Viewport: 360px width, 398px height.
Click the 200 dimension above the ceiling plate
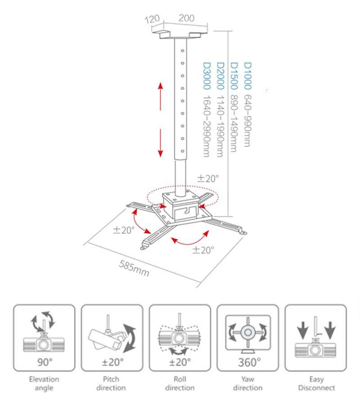(186, 18)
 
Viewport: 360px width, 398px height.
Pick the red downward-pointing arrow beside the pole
(161, 142)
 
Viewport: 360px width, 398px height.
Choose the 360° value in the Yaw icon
(247, 362)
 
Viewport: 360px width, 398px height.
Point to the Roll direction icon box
(180, 337)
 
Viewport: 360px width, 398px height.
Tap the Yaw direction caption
(247, 383)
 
